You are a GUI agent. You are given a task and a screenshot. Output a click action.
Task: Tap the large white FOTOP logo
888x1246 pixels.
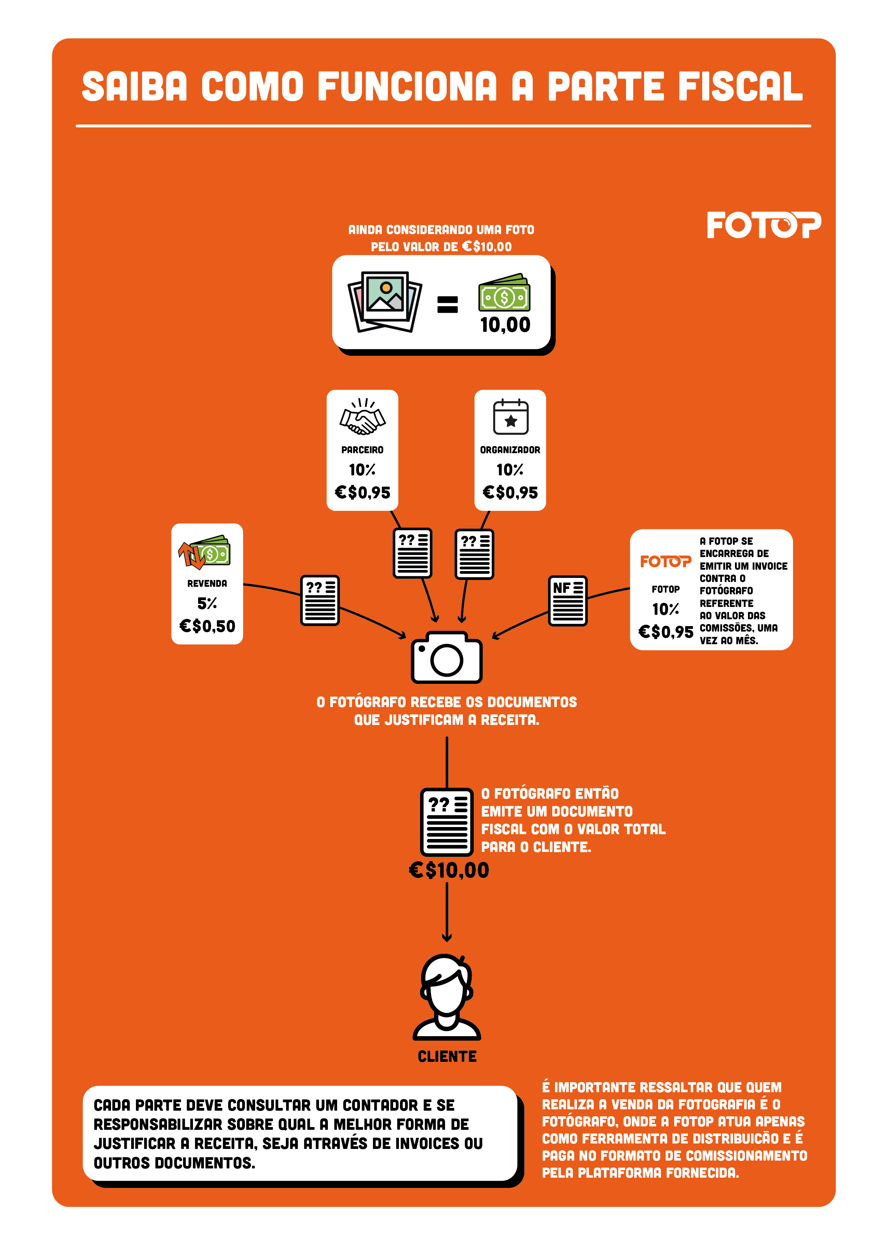click(x=764, y=225)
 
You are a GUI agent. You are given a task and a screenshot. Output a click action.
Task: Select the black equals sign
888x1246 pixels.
click(x=447, y=304)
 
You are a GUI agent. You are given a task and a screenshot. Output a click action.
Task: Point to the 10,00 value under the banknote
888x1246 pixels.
click(x=505, y=325)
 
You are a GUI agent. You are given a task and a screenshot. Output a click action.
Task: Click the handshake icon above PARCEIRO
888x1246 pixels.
click(x=362, y=417)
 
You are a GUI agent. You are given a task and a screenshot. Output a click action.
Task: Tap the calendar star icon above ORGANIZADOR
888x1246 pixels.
click(x=511, y=417)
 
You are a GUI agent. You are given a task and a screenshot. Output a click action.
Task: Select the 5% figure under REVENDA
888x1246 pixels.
click(x=207, y=603)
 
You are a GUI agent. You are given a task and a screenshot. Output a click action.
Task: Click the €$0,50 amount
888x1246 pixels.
click(x=207, y=626)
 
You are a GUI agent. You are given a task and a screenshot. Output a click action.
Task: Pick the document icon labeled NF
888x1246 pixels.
click(x=568, y=600)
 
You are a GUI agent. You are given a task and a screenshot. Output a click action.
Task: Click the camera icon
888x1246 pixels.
click(x=447, y=657)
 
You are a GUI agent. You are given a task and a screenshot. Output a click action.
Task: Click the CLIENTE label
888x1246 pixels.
click(x=447, y=1056)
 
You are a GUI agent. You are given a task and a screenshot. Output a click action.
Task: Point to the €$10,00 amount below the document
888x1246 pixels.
click(x=449, y=870)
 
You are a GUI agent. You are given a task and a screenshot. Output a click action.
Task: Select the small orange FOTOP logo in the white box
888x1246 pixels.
click(x=665, y=561)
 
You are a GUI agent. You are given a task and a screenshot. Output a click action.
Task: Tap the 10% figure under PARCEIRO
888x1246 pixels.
click(x=362, y=470)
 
